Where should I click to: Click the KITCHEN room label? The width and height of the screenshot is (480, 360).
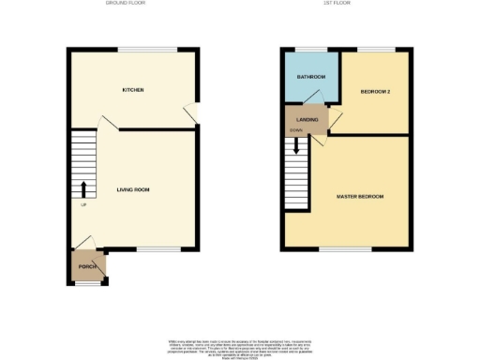click(132, 90)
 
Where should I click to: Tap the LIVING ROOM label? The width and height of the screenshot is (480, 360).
click(133, 189)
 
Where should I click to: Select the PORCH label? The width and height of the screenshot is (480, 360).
click(87, 267)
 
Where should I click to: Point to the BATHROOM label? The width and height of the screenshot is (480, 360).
click(311, 76)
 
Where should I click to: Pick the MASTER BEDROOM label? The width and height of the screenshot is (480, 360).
click(360, 196)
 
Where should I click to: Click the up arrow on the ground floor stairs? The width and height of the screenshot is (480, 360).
click(82, 187)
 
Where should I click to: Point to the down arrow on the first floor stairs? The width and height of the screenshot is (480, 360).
click(297, 147)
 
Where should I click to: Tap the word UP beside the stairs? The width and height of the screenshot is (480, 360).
click(83, 205)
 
